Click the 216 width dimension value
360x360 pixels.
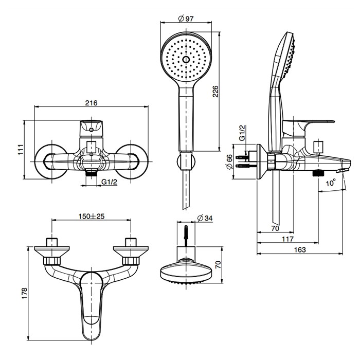pyautogui.click(x=91, y=103)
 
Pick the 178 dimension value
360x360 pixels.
pyautogui.click(x=21, y=293)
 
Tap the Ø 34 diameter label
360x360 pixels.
pyautogui.click(x=205, y=219)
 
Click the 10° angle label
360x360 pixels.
pyautogui.click(x=330, y=183)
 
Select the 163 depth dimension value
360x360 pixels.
pyautogui.click(x=300, y=249)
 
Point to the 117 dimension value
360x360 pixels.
pyautogui.click(x=287, y=239)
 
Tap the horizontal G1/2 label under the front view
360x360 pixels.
pyautogui.click(x=110, y=182)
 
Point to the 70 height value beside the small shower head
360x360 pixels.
pyautogui.click(x=218, y=265)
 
